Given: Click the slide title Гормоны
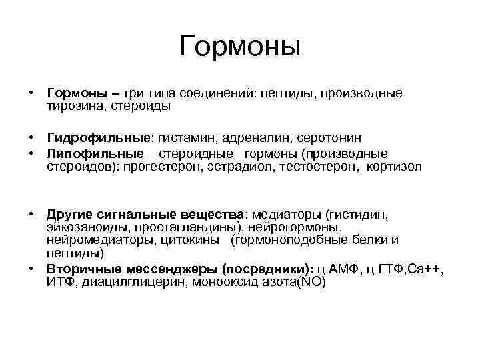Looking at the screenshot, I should tap(240, 47).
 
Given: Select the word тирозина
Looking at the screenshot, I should tap(73, 105).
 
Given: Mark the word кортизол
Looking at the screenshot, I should tap(394, 166).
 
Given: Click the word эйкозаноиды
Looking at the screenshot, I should tap(82, 228).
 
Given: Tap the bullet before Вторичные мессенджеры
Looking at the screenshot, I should tap(31, 269).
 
